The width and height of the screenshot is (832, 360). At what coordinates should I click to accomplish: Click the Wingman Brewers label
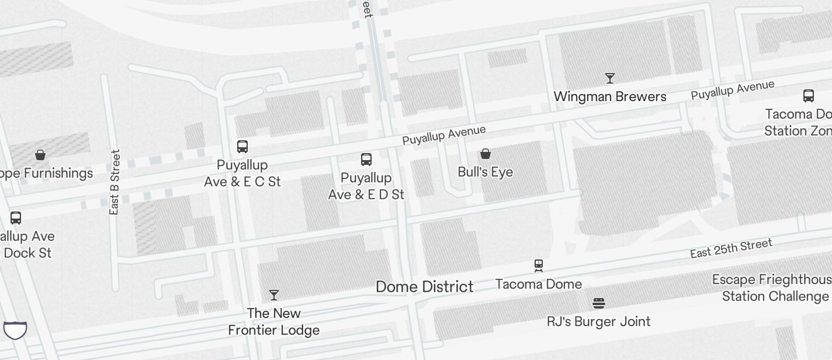609,96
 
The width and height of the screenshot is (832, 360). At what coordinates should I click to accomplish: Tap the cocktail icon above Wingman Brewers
610,78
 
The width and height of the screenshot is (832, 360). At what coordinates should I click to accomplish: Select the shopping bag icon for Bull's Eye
485,154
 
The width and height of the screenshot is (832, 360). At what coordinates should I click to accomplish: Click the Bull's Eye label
485,172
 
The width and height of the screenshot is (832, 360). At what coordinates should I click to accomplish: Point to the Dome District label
424,286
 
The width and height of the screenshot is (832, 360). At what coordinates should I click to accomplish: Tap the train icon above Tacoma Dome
539,266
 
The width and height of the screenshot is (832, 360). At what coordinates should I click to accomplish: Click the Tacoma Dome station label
538,284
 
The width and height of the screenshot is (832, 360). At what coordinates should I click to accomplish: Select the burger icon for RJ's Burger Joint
598,303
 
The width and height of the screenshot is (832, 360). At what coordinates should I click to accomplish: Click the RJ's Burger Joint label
598,321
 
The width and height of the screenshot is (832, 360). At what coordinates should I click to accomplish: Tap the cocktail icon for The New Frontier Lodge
273,295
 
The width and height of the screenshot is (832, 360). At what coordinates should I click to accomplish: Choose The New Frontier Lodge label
273,321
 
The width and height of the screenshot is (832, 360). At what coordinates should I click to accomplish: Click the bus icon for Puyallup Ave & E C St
242,146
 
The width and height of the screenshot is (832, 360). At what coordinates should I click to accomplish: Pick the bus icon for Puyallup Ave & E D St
366,159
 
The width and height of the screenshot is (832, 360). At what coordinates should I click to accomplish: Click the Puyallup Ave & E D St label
366,186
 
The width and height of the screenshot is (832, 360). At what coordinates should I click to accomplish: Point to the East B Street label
115,182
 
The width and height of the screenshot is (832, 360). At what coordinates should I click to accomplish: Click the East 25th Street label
731,248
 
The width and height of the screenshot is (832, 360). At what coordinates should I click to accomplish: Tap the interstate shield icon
15,330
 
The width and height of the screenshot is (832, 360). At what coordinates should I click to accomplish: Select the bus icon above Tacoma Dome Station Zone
808,95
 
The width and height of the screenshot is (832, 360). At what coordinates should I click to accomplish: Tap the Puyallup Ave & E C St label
242,173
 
